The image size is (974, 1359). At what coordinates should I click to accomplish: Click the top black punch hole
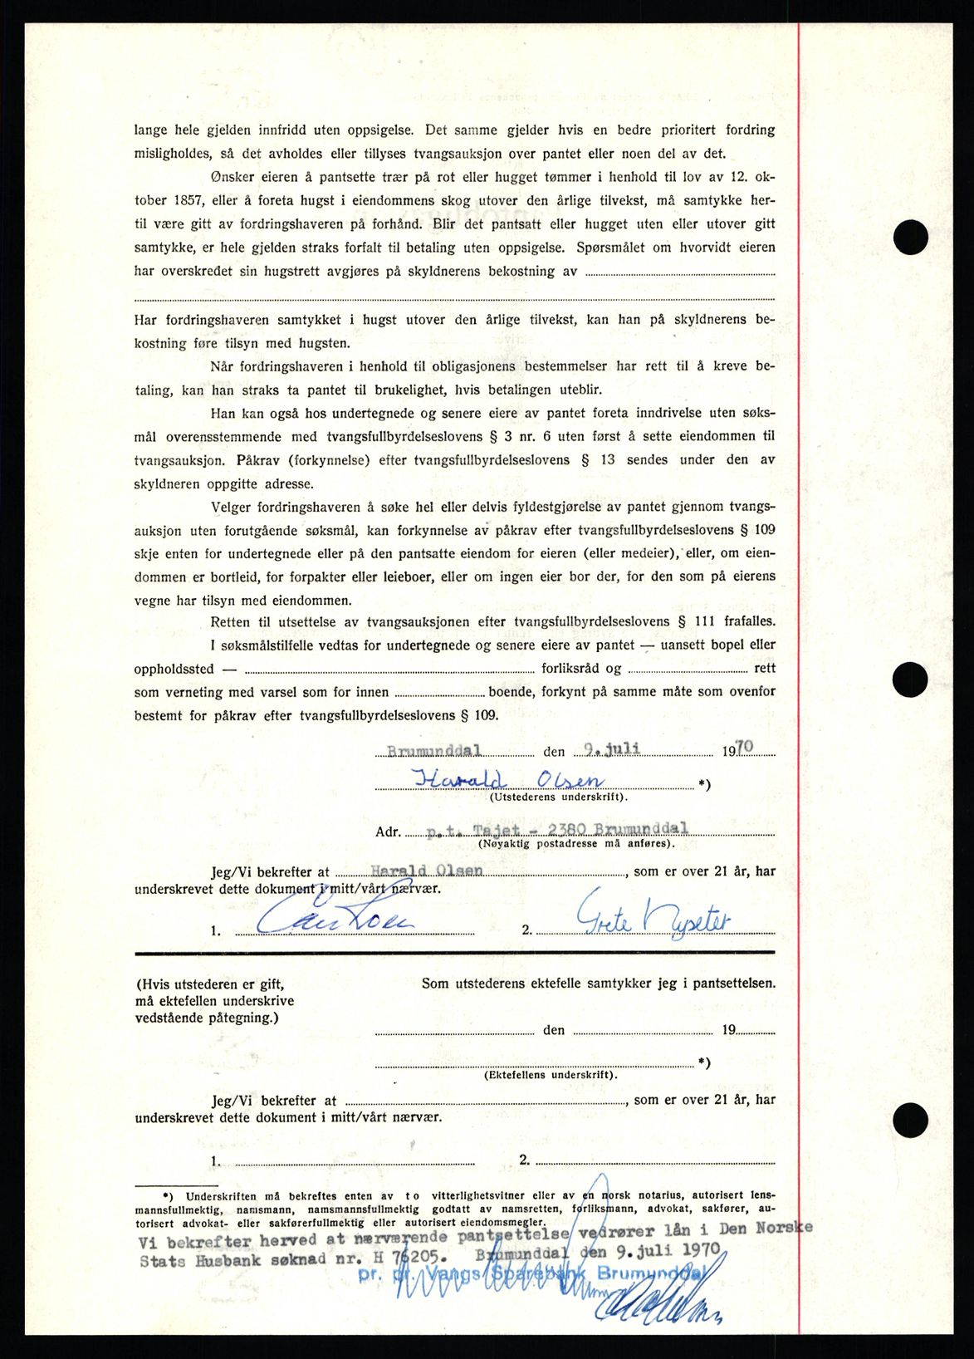click(910, 238)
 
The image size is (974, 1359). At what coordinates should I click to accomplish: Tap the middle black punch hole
click(910, 679)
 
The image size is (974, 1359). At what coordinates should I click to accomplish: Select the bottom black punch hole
click(910, 1115)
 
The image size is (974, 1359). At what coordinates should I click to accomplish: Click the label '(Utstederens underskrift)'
click(558, 797)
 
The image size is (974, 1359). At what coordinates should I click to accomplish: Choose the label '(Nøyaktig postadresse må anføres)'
click(575, 844)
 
